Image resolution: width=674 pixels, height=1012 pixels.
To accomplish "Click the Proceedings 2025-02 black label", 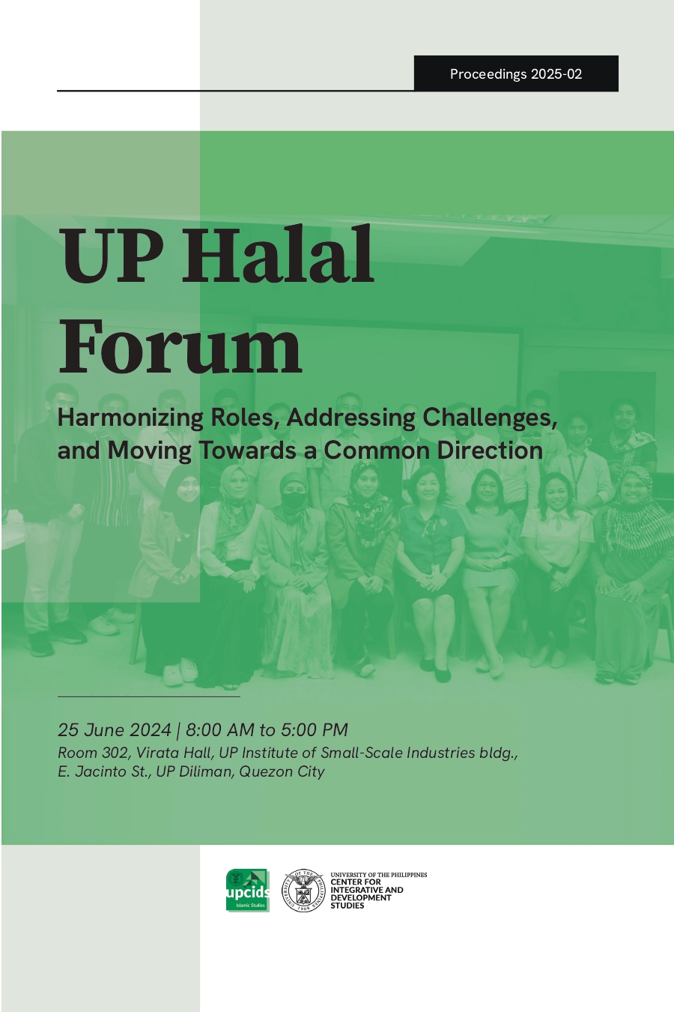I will [x=516, y=73].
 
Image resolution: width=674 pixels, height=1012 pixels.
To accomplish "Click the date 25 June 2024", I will [x=115, y=730].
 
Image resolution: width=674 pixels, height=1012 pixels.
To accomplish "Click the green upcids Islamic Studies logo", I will [x=248, y=891].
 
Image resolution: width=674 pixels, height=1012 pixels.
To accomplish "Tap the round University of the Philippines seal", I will [x=303, y=891].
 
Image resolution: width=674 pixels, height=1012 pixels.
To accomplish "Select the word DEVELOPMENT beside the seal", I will [x=361, y=897].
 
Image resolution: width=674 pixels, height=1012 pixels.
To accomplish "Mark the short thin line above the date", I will [x=148, y=696].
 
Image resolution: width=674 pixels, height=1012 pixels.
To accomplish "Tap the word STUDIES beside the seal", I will [x=347, y=906].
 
